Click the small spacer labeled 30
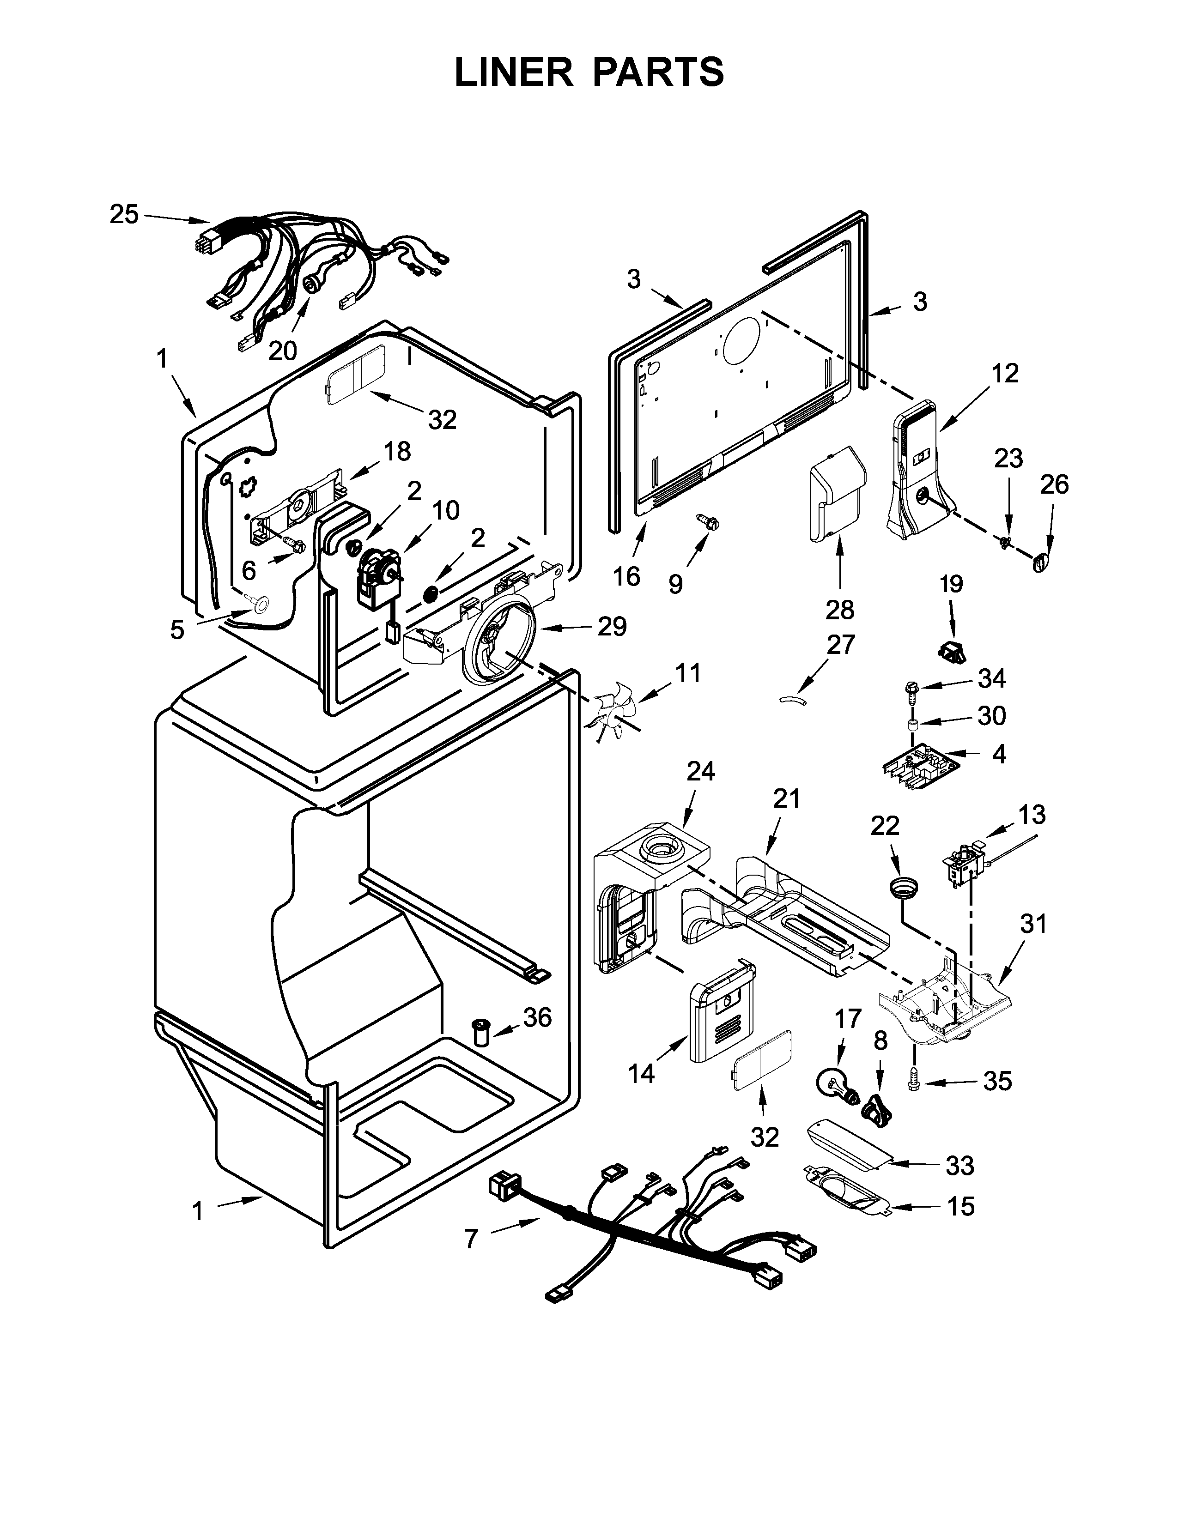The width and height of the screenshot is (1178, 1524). (x=911, y=728)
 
